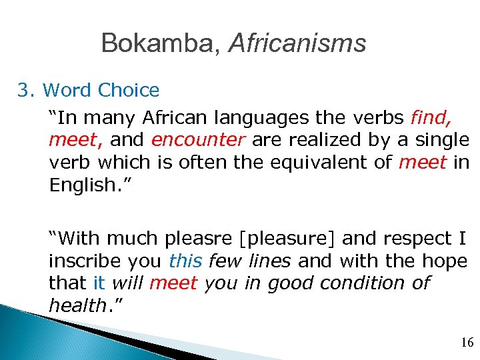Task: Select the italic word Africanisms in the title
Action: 297,44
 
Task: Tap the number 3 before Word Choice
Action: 25,90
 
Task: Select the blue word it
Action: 99,283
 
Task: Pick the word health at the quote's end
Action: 77,306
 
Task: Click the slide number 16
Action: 467,343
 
